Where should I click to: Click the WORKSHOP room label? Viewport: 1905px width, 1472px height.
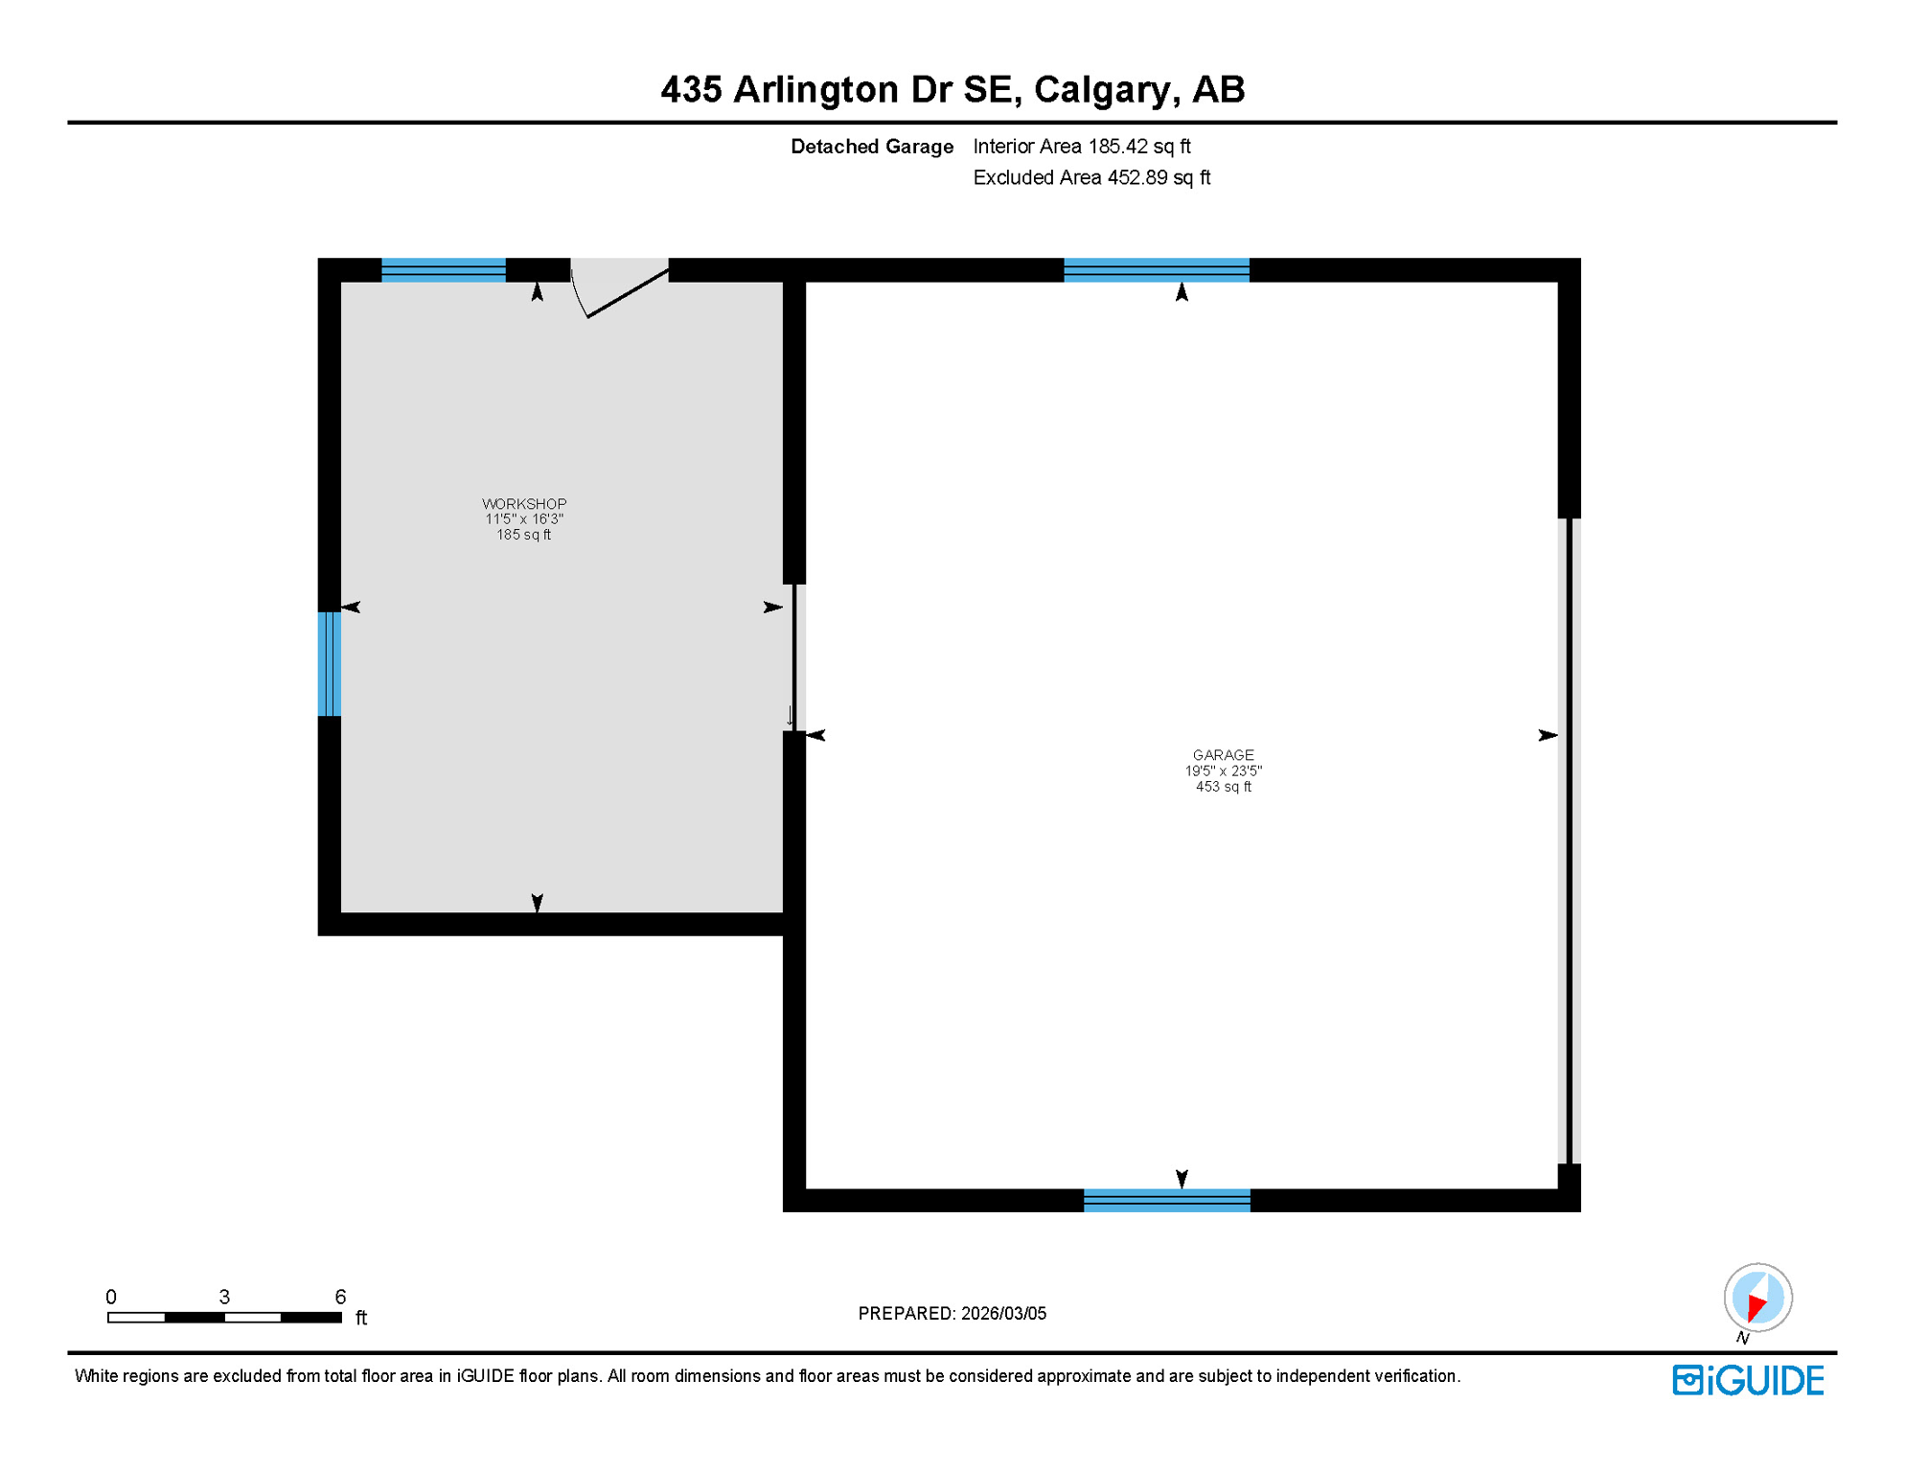pos(524,504)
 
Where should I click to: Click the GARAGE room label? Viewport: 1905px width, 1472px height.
pos(1223,755)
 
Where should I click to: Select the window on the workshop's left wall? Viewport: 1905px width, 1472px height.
pos(329,664)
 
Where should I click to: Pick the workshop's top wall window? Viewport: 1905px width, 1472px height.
pos(443,270)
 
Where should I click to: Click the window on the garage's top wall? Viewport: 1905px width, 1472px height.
pos(1156,270)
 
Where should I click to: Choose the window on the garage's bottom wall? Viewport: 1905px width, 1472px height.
pos(1166,1200)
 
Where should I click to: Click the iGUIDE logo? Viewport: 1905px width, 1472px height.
pos(1748,1380)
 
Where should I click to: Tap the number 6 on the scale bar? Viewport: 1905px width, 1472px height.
pos(340,1297)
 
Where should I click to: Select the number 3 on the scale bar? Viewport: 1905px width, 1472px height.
pos(224,1297)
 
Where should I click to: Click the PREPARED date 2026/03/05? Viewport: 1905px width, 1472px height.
pos(1003,1313)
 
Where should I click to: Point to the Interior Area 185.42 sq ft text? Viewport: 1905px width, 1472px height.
pos(1081,147)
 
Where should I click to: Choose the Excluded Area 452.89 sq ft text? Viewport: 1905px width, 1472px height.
pos(1091,178)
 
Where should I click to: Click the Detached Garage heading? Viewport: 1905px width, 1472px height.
pos(871,147)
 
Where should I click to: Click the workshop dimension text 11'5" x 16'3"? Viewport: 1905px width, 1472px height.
pos(524,519)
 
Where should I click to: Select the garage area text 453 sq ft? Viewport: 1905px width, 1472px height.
pos(1223,787)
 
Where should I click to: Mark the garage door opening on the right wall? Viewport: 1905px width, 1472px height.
pos(1569,840)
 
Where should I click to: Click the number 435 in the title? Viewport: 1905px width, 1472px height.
pos(691,90)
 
